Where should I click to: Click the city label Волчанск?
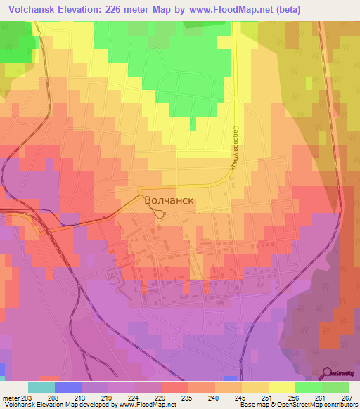point(169,200)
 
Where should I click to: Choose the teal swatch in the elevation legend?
point(41,388)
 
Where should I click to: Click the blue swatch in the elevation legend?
point(68,388)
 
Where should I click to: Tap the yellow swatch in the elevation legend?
point(282,388)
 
